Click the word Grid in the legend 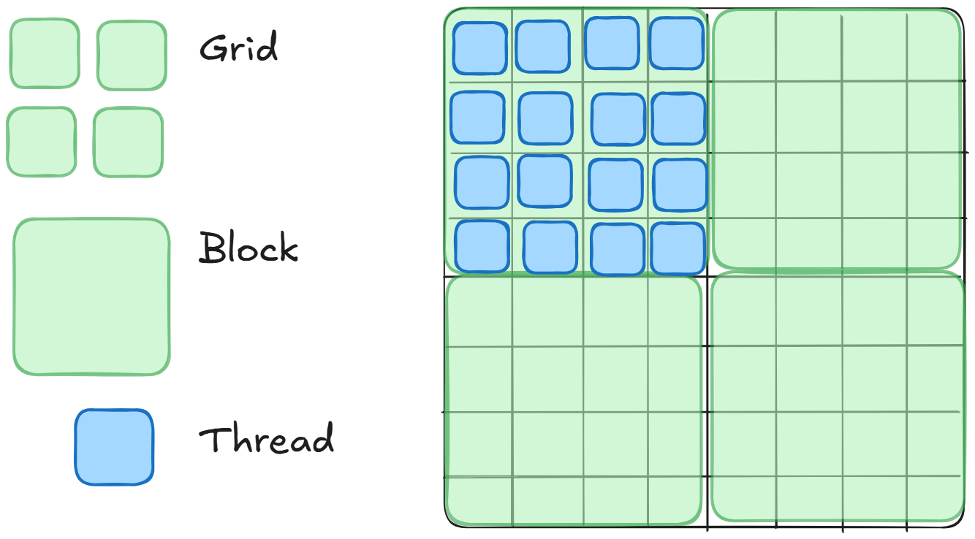point(238,49)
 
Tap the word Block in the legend point(249,248)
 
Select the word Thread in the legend point(266,439)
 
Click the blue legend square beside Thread point(114,447)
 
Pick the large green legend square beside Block point(91,297)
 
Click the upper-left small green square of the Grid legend point(44,53)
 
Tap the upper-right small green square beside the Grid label point(132,56)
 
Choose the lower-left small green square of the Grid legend point(41,142)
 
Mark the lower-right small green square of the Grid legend point(128,142)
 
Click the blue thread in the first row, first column point(479,47)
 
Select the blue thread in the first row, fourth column point(676,44)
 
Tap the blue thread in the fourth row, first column point(482,246)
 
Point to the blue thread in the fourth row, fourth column point(678,248)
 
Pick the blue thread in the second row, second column point(545,118)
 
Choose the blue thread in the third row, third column point(615,185)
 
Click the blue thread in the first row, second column point(542,46)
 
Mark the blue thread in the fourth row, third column point(617,249)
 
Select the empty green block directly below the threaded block point(573,400)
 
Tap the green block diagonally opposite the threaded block point(838,397)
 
